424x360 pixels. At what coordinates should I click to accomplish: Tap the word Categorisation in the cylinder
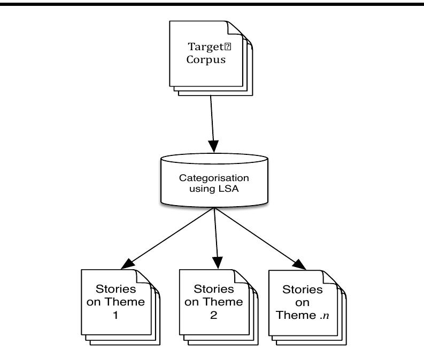214,177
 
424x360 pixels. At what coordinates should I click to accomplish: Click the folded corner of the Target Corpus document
234,27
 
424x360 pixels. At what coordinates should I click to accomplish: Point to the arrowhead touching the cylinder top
214,147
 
